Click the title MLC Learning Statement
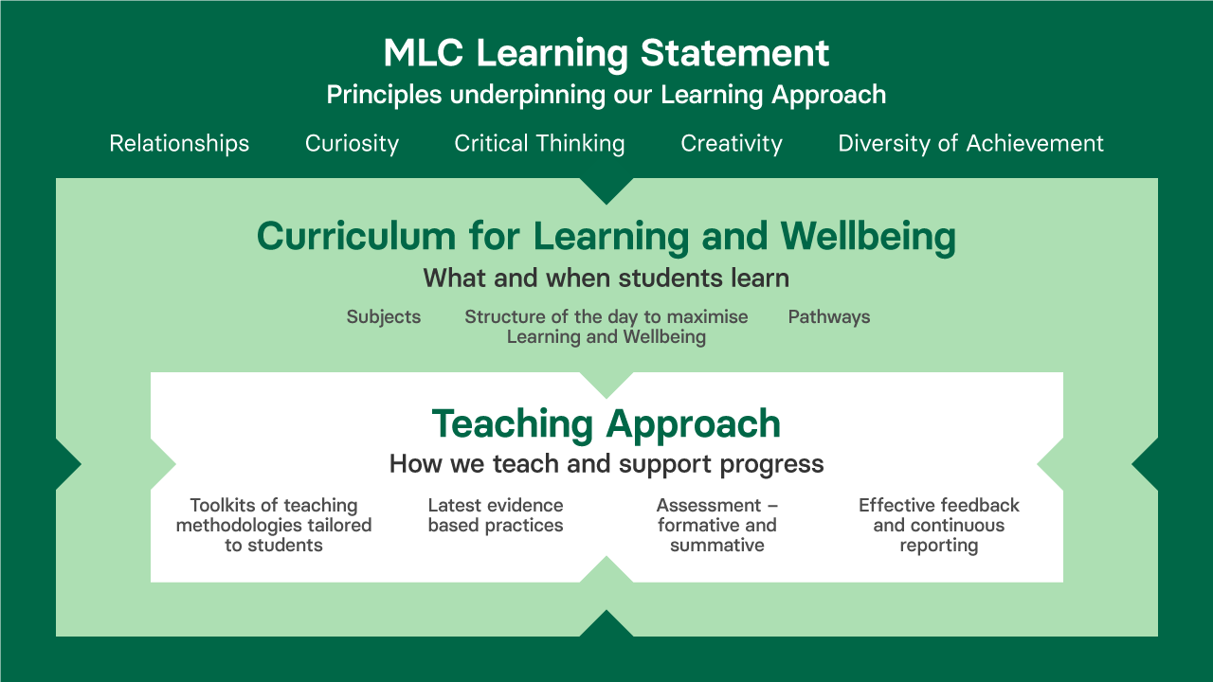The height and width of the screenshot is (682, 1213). coord(606,53)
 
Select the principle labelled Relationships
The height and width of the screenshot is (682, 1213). coord(179,144)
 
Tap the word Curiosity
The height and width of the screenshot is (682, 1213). coord(352,144)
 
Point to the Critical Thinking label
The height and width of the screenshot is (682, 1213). coord(539,144)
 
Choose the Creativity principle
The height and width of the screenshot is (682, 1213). coord(732,144)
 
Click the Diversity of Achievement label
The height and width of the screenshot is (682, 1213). coord(971,143)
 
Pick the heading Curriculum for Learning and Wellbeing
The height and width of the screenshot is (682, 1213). coord(606,237)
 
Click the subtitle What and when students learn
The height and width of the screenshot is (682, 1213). coord(606,278)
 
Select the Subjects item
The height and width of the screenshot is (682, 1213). coord(384,317)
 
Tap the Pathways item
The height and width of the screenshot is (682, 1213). coord(829,317)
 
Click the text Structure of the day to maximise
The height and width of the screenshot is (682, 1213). coord(606,316)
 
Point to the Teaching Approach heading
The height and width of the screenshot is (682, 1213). coord(606,423)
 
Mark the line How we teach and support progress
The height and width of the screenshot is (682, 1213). coord(606,464)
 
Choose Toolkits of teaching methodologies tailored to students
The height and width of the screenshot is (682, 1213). coord(274,525)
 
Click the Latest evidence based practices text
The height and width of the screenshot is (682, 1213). coord(496,515)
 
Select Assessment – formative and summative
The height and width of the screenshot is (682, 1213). coord(717,525)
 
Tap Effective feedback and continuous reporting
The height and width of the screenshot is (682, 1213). coord(939,525)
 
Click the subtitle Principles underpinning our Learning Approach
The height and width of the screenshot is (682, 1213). coord(606,96)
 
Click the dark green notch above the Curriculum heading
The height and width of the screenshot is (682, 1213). coord(606,189)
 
